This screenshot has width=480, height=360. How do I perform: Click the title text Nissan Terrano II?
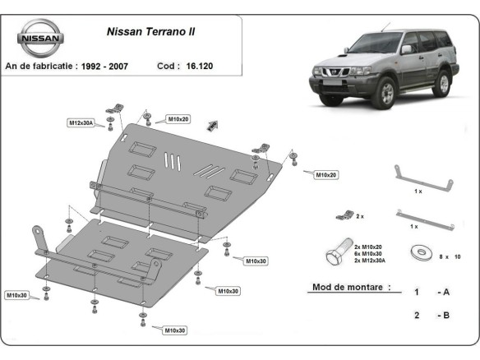tap(157, 34)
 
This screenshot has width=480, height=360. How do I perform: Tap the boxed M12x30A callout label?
tap(81, 123)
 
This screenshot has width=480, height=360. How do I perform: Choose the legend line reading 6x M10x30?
tap(370, 253)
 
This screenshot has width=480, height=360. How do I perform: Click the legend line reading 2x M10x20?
tap(370, 246)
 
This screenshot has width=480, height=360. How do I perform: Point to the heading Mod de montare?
tap(349, 288)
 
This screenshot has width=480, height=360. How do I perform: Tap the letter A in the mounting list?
tap(445, 292)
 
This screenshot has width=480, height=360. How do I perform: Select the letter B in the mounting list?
tap(445, 316)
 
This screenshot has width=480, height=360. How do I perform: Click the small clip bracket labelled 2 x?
tap(339, 215)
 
